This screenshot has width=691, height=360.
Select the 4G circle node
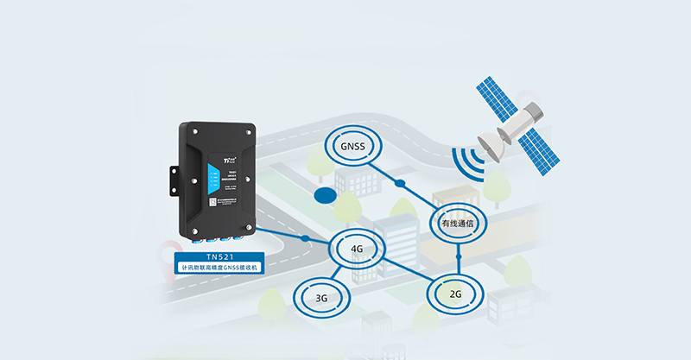click(356, 250)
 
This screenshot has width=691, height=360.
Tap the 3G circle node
click(320, 298)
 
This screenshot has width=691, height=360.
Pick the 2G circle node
click(454, 293)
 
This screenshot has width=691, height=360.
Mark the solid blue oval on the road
click(325, 195)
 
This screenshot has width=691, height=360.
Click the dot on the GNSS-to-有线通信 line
click(399, 183)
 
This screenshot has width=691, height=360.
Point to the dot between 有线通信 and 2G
click(460, 257)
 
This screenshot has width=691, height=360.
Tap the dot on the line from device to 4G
click(305, 238)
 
